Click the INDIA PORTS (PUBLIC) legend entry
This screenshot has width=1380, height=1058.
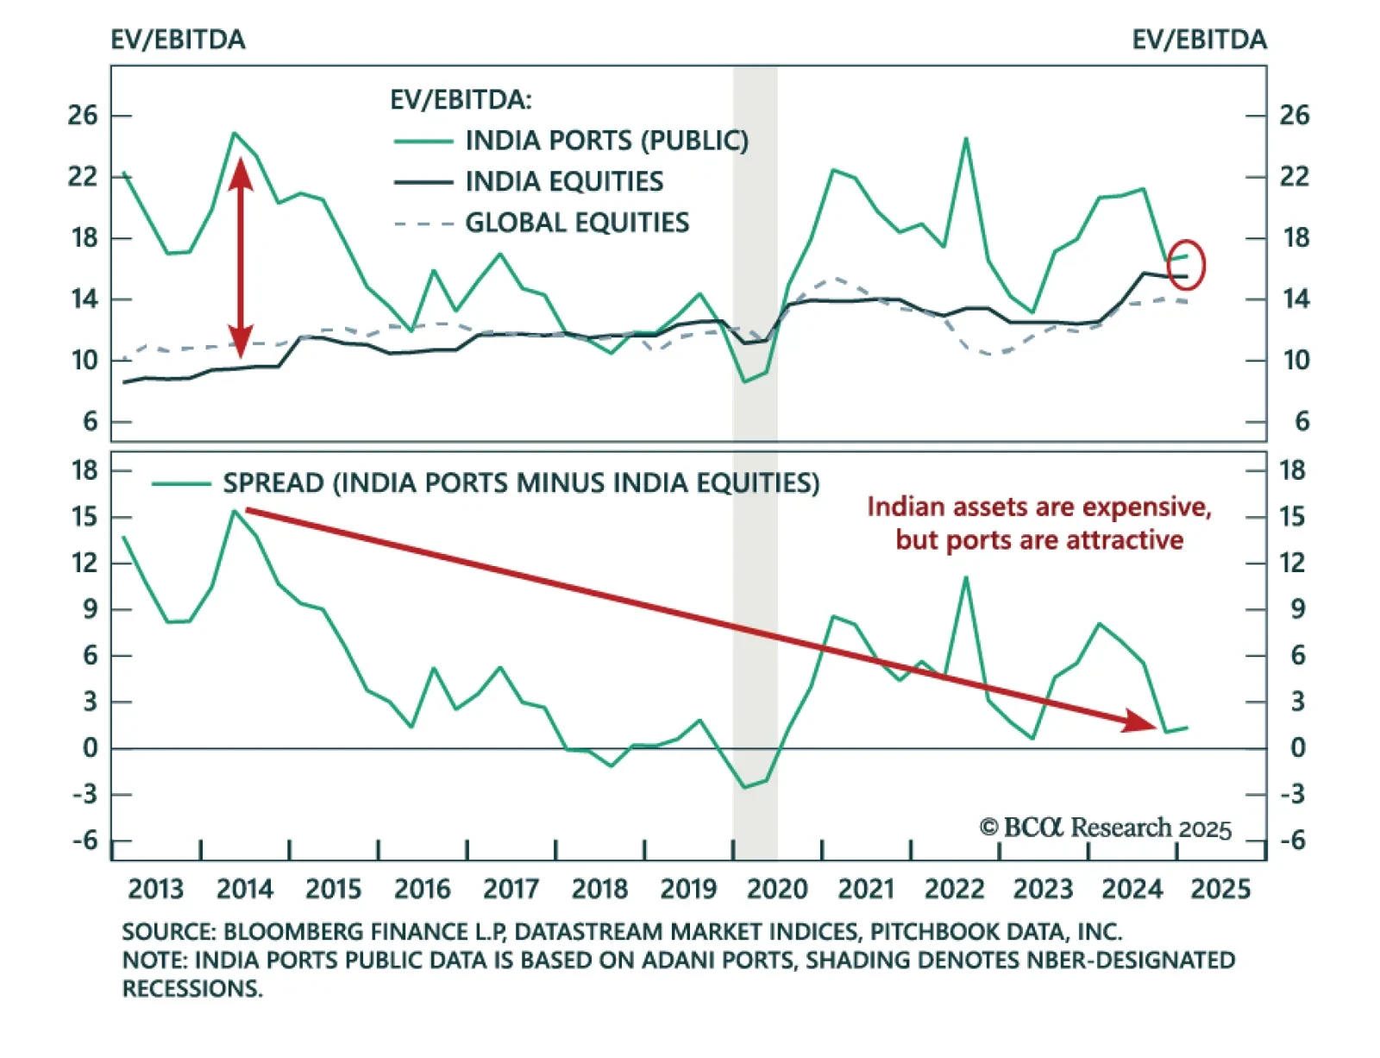point(606,140)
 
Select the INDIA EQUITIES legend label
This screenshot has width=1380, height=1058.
point(564,181)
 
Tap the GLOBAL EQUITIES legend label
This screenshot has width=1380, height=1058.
point(577,223)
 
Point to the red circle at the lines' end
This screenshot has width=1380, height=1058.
point(1187,265)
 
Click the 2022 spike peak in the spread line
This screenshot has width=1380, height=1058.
point(965,577)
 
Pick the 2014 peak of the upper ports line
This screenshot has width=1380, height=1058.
point(235,133)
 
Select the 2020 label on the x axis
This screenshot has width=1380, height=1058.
point(776,889)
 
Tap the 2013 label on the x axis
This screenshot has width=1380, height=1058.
point(155,889)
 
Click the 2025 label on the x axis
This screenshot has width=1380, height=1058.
point(1220,889)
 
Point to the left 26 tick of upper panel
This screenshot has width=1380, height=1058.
point(83,115)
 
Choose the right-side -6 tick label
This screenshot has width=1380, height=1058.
point(1291,841)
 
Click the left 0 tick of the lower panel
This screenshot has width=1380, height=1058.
point(90,748)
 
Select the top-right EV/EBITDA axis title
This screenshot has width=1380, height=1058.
point(1199,40)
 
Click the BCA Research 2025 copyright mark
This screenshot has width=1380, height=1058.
point(1105,828)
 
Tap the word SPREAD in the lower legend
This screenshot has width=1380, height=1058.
point(273,482)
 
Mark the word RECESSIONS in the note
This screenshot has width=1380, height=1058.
point(191,989)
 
